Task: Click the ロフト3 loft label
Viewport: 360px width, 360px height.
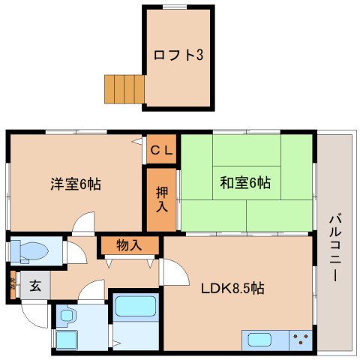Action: tap(178, 55)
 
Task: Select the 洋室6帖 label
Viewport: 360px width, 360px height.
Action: tap(76, 183)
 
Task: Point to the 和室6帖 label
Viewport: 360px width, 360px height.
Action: tap(245, 182)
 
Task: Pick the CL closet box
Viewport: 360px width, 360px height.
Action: tap(161, 149)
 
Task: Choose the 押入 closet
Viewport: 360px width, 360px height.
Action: tap(161, 198)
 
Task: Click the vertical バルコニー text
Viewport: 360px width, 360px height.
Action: tap(334, 248)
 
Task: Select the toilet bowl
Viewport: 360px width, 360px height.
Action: tap(34, 250)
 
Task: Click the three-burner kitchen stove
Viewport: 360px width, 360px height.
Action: tap(300, 339)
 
